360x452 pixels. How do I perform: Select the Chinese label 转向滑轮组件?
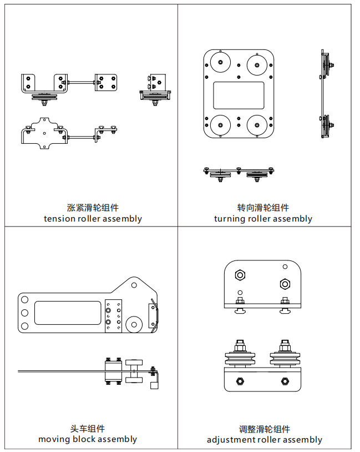[x=263, y=208]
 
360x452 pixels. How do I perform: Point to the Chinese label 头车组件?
[x=88, y=429]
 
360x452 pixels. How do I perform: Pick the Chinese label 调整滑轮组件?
[x=265, y=429]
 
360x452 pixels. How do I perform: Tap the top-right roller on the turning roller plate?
[x=257, y=63]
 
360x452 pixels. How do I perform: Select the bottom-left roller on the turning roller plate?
[x=221, y=124]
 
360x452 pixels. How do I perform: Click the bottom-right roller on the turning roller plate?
[x=257, y=124]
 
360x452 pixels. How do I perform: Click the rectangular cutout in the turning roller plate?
[x=239, y=95]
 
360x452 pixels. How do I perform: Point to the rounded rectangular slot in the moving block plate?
[x=60, y=313]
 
